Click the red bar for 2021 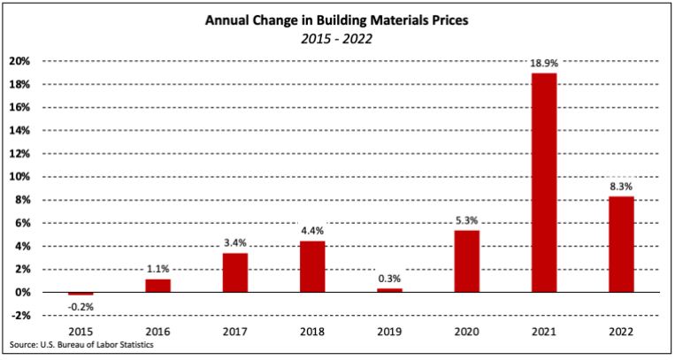(x=544, y=182)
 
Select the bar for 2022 (x=621, y=244)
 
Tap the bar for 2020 (x=467, y=261)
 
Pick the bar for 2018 (x=312, y=266)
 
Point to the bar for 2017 (x=234, y=272)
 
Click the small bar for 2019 (x=389, y=289)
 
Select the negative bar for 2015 (x=81, y=294)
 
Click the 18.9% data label (x=544, y=64)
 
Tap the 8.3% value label (x=621, y=187)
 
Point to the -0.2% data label (x=81, y=306)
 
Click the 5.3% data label (x=467, y=221)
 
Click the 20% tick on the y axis (x=20, y=61)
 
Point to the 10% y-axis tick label (x=20, y=177)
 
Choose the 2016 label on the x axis (x=157, y=333)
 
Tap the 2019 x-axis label (x=389, y=333)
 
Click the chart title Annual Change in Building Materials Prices (x=337, y=19)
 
